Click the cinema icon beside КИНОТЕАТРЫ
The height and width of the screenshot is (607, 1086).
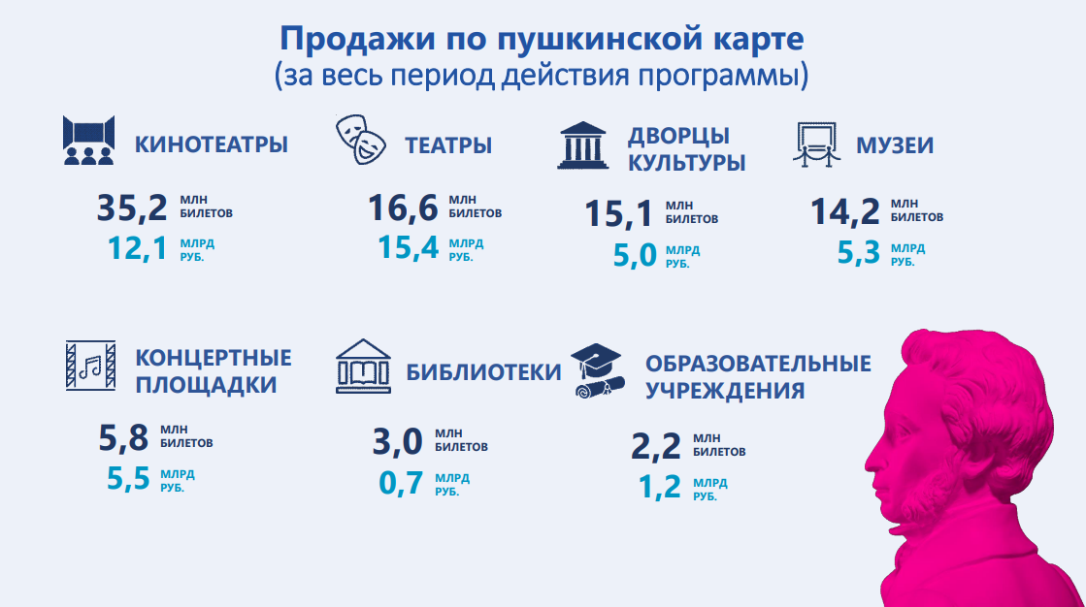point(88,141)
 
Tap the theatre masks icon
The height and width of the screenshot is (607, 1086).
point(361,140)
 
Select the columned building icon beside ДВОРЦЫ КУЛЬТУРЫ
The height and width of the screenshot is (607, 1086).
point(583,146)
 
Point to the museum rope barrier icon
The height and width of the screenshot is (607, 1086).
point(816,144)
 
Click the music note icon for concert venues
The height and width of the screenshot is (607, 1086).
point(90,366)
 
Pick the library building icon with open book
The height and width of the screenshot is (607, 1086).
point(363,367)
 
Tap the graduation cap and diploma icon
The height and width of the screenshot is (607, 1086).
point(598,371)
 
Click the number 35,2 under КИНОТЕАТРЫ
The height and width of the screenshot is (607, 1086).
point(132,208)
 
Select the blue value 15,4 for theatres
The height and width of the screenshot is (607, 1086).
point(408,247)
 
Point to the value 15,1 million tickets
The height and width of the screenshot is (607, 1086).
point(618,213)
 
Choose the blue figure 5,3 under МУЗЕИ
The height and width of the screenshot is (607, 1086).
point(858,253)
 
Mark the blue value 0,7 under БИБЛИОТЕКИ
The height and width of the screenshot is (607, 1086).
point(400,483)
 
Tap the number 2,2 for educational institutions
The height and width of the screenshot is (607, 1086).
point(655,446)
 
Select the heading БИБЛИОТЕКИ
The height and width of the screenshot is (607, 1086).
point(483,371)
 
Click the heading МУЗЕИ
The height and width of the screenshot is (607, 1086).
point(895,145)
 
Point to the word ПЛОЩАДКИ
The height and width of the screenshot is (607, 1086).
point(206,385)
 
